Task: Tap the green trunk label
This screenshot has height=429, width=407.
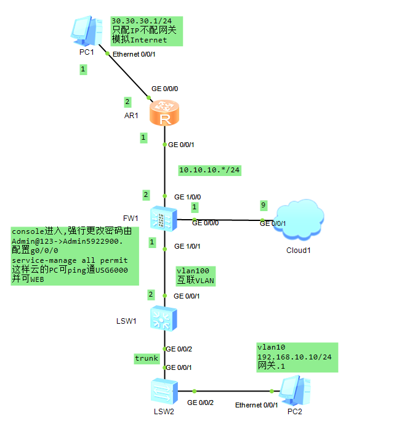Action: point(147,358)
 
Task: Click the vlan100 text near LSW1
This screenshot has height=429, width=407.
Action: point(193,271)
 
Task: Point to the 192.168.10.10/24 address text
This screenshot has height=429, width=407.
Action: point(294,357)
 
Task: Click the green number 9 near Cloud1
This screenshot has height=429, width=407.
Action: point(264,205)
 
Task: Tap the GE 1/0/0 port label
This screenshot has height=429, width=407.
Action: point(188,197)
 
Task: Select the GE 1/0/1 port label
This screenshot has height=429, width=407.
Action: point(188,246)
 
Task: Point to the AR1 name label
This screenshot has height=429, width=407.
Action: point(132,115)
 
